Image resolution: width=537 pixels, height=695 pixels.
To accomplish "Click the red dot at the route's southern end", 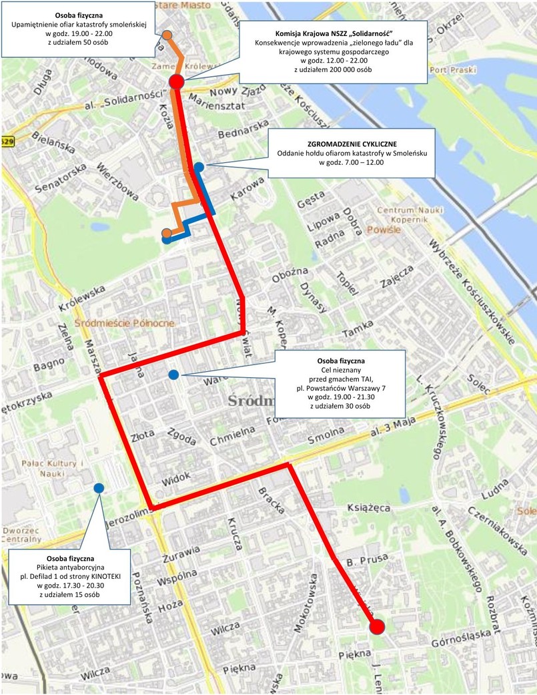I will point(377,626).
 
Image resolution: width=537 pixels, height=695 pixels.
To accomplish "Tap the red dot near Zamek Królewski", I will point(176,82).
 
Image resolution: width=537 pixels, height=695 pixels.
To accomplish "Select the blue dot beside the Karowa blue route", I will point(199,166).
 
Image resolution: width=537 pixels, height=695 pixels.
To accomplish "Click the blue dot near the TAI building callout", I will point(173,375).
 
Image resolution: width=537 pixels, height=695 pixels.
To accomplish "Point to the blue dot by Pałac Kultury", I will point(99,488).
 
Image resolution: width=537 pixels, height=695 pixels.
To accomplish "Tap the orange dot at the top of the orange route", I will point(167,35).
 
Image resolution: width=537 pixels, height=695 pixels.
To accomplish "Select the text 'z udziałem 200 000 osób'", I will point(333,69).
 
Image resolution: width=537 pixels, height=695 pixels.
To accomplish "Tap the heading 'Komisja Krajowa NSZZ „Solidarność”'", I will point(333,33).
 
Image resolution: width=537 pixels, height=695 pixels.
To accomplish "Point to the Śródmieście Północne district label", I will point(125,323).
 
